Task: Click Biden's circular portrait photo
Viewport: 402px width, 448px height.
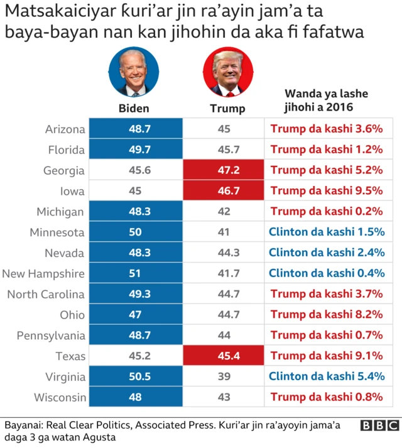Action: point(134,72)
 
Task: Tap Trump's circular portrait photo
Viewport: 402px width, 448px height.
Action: point(227,72)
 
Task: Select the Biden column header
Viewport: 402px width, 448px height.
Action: point(134,108)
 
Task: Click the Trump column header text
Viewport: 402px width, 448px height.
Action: point(227,108)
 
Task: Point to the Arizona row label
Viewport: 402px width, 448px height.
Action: point(65,129)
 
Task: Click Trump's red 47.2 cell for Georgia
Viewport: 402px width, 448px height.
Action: point(224,170)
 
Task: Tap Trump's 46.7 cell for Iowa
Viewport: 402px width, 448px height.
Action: point(224,191)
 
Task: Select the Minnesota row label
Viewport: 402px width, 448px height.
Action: point(57,232)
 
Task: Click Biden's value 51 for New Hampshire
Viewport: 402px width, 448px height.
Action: point(134,273)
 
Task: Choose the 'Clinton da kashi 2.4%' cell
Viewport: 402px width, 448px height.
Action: point(327,253)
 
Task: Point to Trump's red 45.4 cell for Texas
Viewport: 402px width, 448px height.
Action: point(224,356)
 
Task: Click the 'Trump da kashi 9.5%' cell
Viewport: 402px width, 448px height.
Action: point(327,191)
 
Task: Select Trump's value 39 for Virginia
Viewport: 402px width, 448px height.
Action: point(224,376)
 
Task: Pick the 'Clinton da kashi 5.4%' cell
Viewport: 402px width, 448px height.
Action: point(327,376)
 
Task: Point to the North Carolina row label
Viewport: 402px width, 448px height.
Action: point(46,294)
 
